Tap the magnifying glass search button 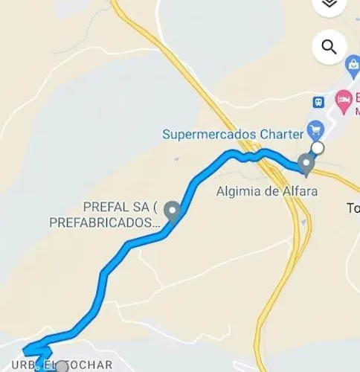click(329, 47)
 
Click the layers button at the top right click(329, 4)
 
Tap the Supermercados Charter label click(232, 135)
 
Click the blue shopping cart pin click(315, 129)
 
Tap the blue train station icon click(319, 101)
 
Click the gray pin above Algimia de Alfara click(306, 164)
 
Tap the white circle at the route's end click(318, 149)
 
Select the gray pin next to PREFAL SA click(173, 211)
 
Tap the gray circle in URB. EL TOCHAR click(62, 366)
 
